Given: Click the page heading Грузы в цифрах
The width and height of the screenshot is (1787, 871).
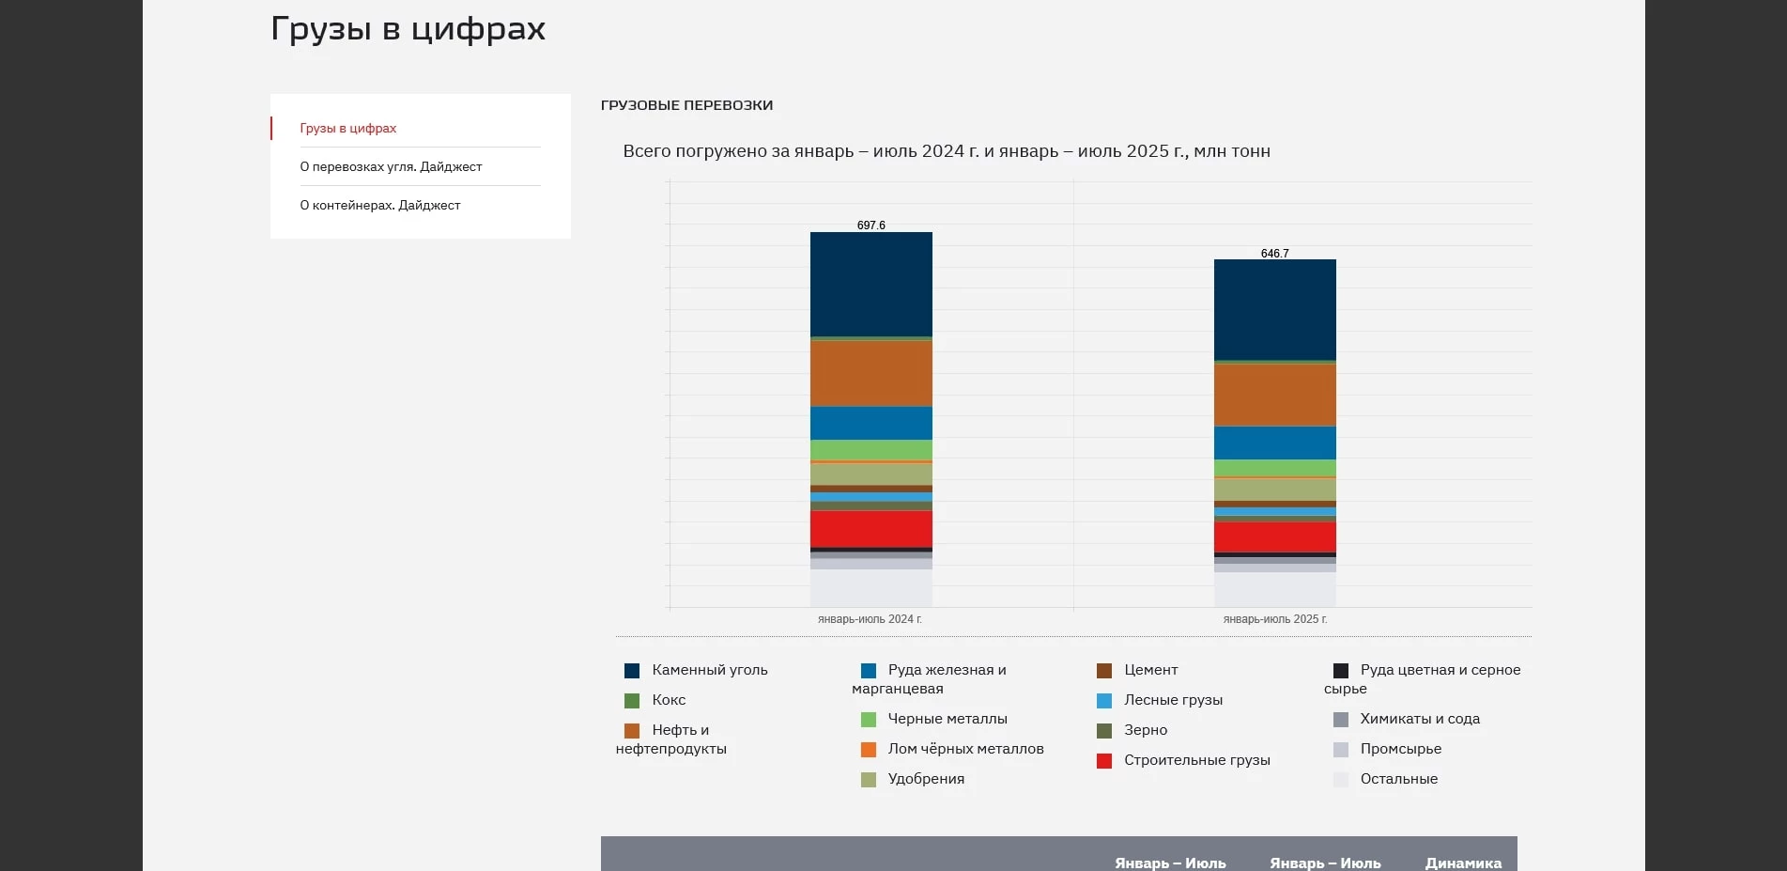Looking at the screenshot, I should point(408,29).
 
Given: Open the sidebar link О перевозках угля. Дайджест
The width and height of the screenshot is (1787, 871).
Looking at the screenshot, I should point(391,166).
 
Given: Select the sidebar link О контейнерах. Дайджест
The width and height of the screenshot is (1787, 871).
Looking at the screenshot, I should point(379,205).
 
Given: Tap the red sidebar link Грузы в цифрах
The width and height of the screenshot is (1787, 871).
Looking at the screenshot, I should point(347,128).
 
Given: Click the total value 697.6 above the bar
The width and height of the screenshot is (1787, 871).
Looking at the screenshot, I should point(870,226).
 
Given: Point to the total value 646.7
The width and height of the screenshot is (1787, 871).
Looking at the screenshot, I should point(1274,254).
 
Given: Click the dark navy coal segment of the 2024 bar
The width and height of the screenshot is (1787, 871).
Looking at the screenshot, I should point(870,284).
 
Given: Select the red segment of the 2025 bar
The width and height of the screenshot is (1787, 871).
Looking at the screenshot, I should point(1274,537).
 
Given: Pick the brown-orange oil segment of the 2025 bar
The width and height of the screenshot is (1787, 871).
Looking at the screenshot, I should point(1274,395).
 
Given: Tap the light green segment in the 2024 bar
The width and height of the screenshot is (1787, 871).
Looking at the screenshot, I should point(870,449).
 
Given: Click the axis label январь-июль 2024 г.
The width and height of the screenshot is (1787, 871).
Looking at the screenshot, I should point(870,619).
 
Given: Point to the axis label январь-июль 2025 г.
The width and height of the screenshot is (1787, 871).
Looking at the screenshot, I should point(1274,619).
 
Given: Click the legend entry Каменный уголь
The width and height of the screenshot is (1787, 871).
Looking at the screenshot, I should point(709,670).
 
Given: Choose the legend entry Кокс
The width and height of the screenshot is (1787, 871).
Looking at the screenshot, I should point(669,700).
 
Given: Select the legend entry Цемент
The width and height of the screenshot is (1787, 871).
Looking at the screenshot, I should point(1150,670).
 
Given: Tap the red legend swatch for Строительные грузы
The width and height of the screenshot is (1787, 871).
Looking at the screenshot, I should point(1104,761).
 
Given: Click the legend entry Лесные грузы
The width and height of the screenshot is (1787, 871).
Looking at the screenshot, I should point(1173,700).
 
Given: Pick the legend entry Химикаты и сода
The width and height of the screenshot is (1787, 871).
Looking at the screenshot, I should point(1419,719).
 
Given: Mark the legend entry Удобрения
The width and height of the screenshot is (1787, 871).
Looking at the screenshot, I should point(926,779).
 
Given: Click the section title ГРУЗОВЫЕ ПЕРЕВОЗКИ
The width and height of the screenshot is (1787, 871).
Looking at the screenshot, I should point(686,105).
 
